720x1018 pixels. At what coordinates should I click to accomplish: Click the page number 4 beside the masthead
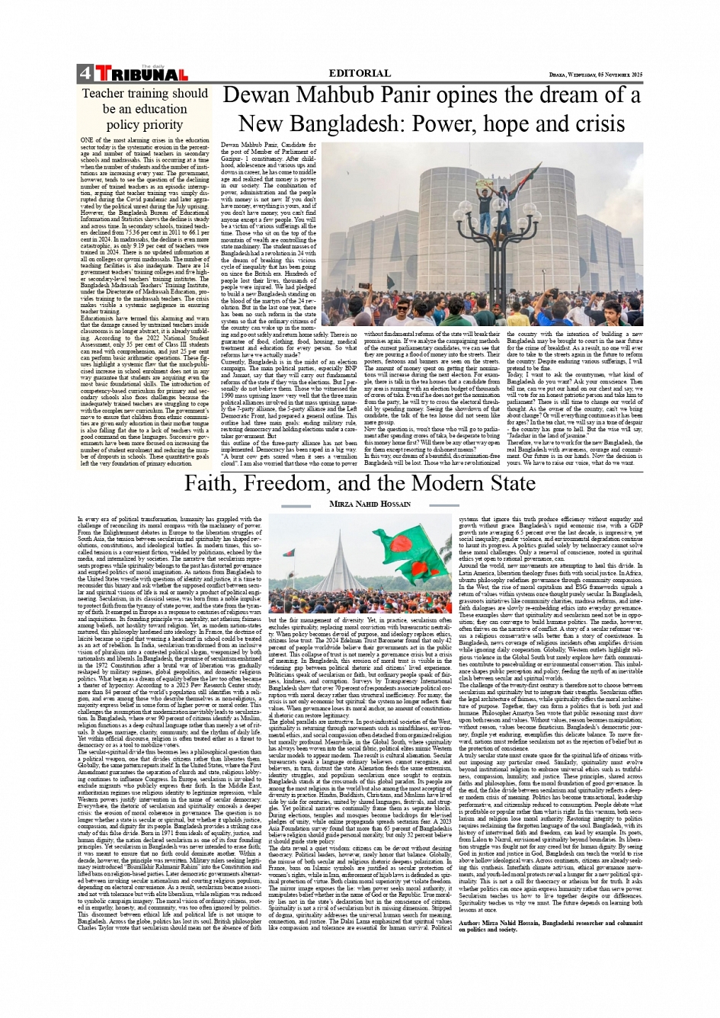[x=84, y=74]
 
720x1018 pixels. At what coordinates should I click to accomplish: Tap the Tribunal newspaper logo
[x=141, y=75]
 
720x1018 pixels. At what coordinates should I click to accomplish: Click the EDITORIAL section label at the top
[x=360, y=73]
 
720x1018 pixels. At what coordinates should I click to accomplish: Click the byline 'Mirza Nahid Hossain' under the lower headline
[x=360, y=504]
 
